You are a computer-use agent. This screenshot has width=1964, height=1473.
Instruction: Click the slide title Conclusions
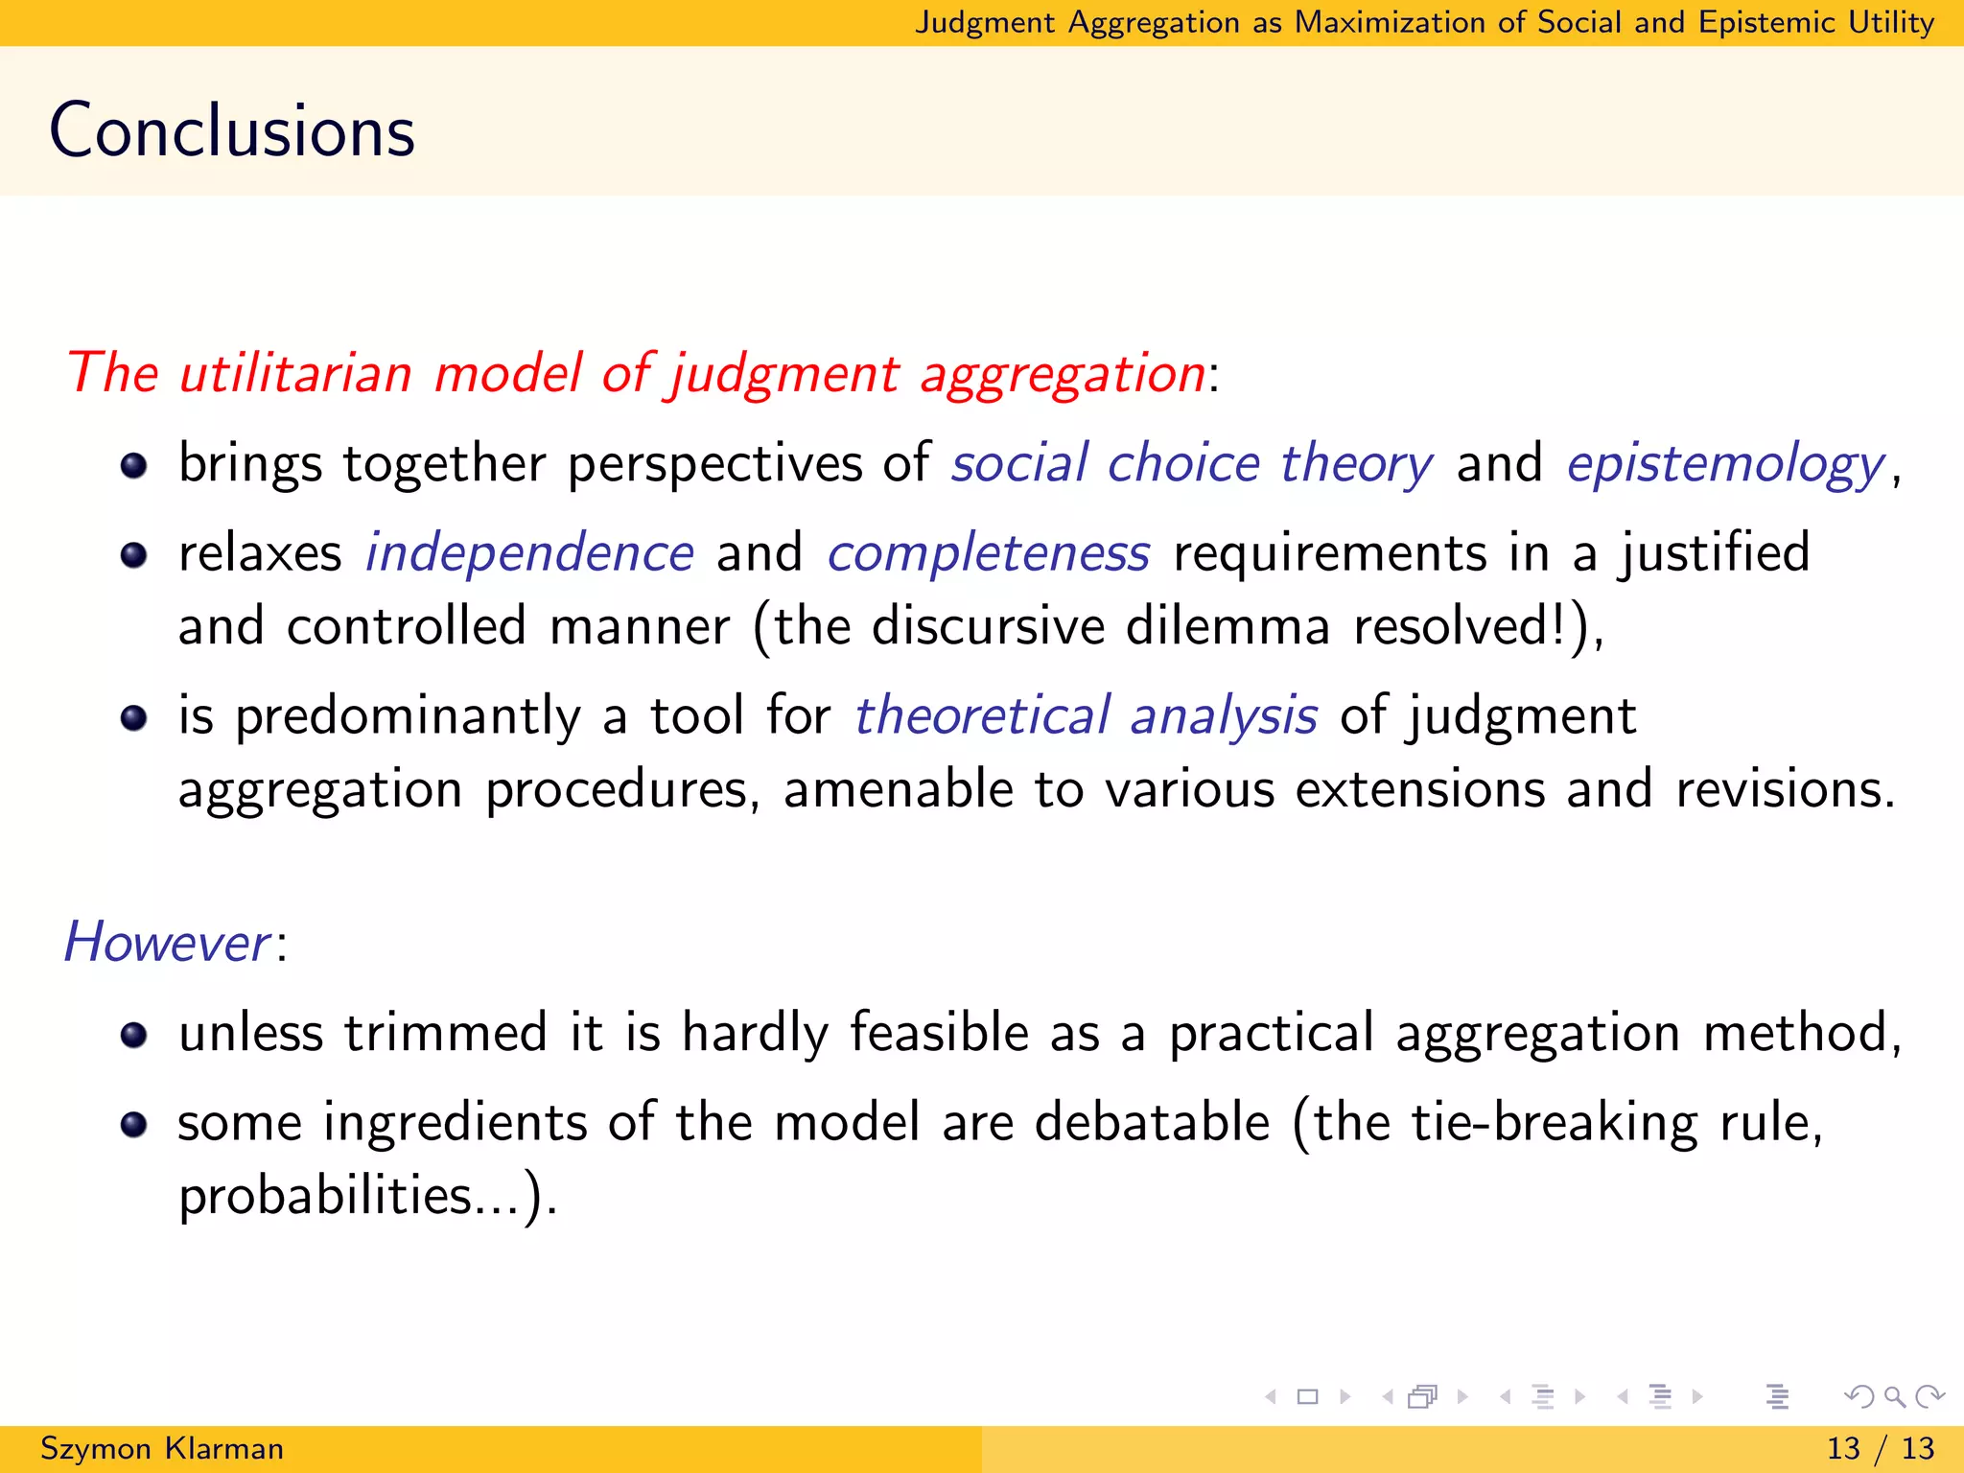click(232, 130)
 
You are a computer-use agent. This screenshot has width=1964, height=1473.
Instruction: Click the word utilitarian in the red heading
click(295, 373)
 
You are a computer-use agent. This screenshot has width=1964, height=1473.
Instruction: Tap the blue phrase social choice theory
click(1191, 464)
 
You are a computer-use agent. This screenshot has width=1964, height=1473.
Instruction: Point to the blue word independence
click(529, 553)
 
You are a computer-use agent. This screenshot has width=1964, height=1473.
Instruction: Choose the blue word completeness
click(988, 553)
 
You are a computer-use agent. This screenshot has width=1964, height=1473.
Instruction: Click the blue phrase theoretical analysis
click(1086, 716)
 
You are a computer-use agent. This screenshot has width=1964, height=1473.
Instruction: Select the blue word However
click(167, 943)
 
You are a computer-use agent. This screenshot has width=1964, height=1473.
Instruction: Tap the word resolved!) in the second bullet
click(1477, 627)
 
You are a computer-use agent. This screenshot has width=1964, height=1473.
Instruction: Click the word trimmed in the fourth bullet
click(446, 1033)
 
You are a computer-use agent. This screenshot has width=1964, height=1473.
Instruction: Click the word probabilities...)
click(366, 1196)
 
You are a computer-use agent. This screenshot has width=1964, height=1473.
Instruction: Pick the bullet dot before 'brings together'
click(134, 466)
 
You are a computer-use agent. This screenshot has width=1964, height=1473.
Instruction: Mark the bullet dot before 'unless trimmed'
click(134, 1036)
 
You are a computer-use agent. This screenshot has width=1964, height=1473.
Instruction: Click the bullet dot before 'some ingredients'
click(134, 1125)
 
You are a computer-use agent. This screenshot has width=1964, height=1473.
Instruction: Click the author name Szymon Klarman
click(162, 1448)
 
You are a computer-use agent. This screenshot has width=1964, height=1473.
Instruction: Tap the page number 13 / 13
click(1880, 1448)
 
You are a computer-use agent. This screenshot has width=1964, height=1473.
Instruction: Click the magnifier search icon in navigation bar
click(1894, 1396)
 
